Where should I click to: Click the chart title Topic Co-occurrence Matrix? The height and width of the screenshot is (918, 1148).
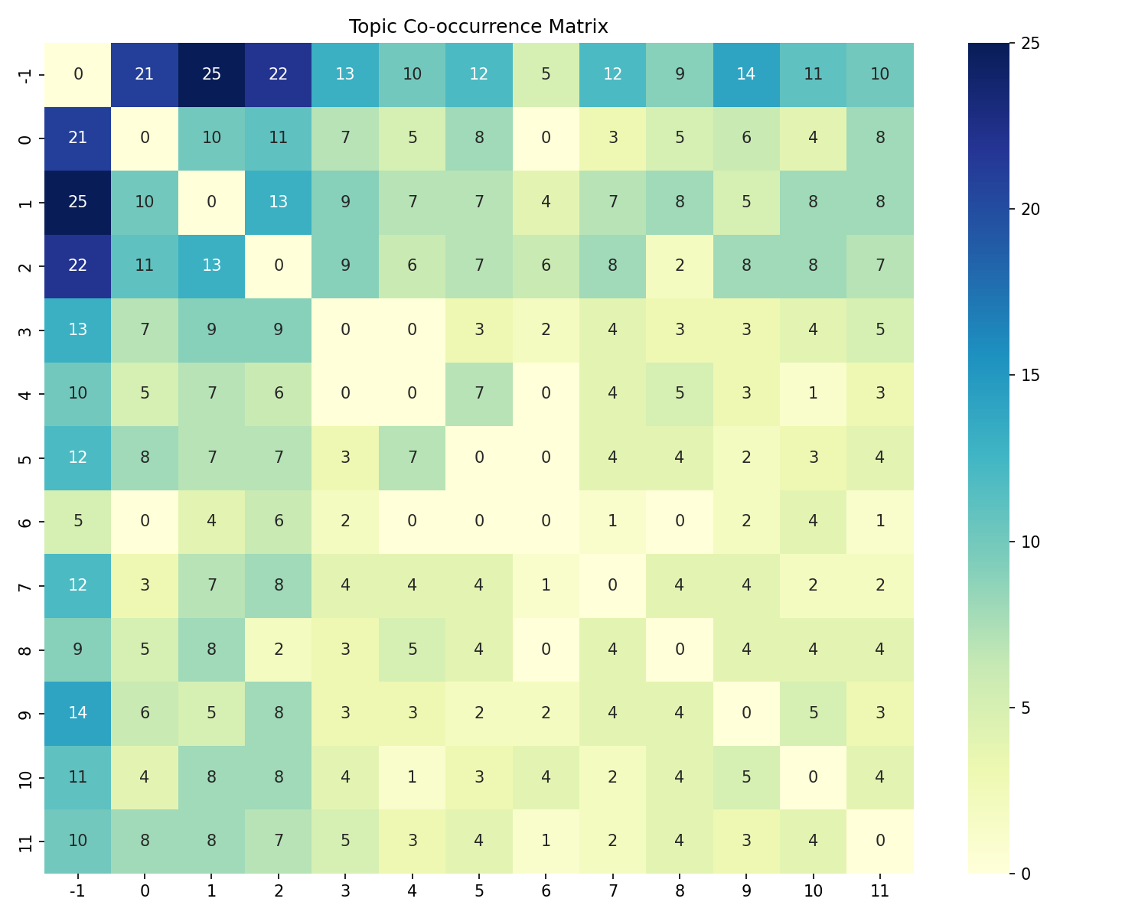tap(478, 27)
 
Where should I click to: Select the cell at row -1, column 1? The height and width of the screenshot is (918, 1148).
tap(211, 74)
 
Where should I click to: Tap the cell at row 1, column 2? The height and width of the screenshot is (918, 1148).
tap(278, 202)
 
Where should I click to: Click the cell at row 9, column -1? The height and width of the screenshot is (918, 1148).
tap(77, 713)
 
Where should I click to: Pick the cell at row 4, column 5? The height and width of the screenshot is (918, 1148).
tap(478, 393)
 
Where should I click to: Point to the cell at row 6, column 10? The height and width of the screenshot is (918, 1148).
tap(813, 521)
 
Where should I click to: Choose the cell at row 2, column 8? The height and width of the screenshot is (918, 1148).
tap(679, 265)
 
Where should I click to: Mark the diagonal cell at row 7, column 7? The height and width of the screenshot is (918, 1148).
tap(612, 585)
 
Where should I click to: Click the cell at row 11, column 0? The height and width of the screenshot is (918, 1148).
tap(145, 841)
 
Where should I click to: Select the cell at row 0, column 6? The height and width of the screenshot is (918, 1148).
tap(546, 138)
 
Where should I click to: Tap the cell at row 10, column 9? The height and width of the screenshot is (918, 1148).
tap(746, 776)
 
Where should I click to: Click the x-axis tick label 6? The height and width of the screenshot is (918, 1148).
tap(546, 890)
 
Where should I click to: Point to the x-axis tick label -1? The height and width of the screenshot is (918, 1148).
tap(77, 890)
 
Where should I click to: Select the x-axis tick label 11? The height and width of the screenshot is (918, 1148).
tap(880, 890)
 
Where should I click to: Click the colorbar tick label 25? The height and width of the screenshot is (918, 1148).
tap(1030, 44)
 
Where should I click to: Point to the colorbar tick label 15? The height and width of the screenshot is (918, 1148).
tap(1030, 376)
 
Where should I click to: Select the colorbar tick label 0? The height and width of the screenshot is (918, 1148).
tap(1026, 873)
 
